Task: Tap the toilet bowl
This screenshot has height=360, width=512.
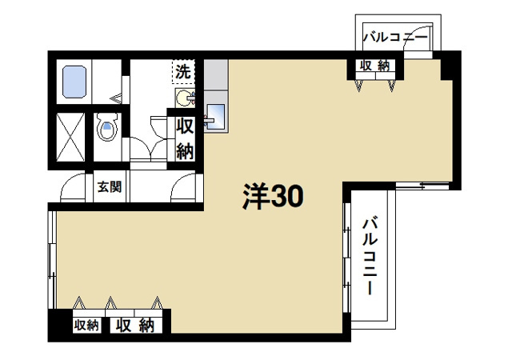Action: [106, 127]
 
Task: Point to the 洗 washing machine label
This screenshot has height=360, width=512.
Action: [184, 71]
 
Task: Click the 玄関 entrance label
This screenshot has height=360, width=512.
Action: [110, 189]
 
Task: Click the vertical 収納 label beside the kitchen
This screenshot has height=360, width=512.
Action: [185, 138]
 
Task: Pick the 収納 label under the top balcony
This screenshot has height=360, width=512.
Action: [374, 66]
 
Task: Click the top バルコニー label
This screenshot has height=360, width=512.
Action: [395, 36]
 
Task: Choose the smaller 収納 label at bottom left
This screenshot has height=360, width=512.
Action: [86, 326]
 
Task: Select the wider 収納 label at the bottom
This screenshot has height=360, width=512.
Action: [134, 326]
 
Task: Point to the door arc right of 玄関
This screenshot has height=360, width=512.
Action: [184, 190]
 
